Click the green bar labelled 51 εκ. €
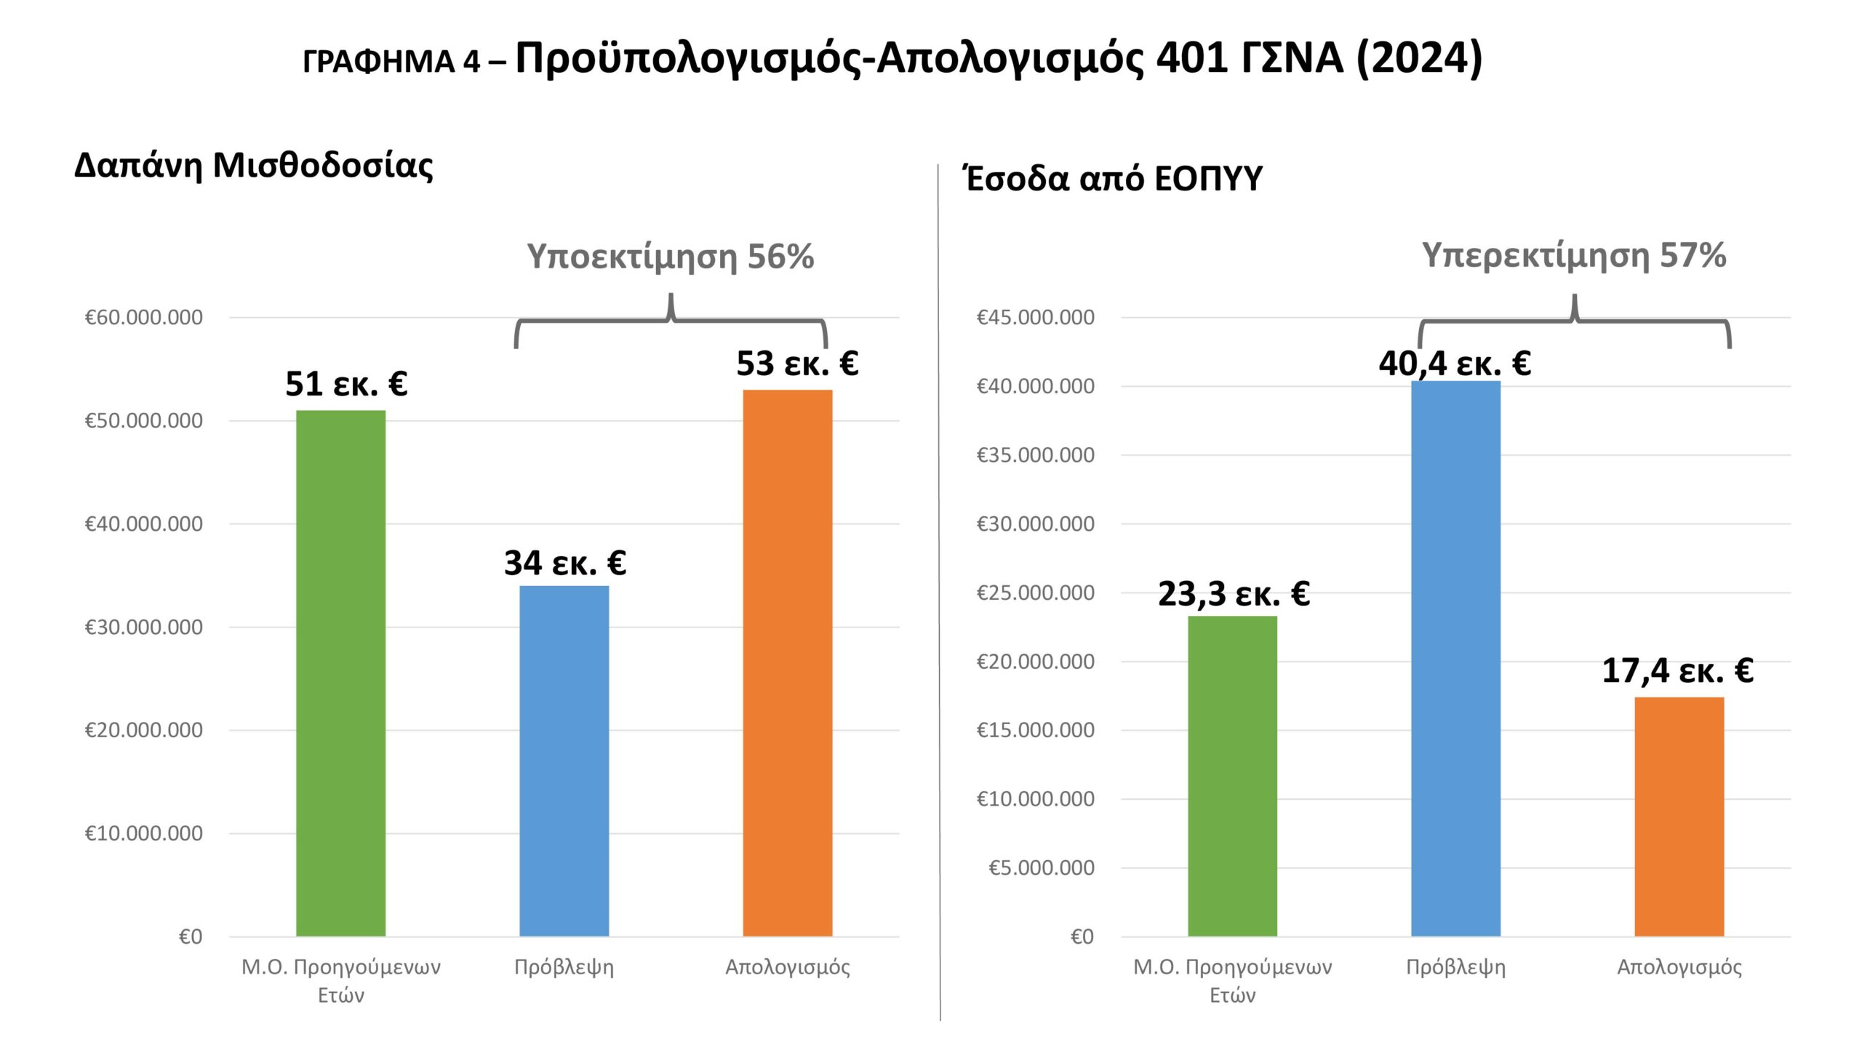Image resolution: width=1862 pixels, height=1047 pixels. tap(340, 673)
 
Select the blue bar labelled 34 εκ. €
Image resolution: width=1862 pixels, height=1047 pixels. tap(564, 761)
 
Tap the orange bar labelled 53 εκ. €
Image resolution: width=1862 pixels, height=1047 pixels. tap(787, 662)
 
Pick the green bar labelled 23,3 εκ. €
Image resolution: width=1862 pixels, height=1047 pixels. tap(1232, 776)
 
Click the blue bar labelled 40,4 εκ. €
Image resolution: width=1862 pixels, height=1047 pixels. tap(1455, 658)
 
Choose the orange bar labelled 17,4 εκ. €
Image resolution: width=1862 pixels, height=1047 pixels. tap(1679, 817)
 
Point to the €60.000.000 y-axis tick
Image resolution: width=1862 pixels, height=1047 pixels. tap(144, 318)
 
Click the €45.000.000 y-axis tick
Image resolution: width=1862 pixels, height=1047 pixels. tap(1035, 318)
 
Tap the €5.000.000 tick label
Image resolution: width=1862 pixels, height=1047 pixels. tap(1041, 868)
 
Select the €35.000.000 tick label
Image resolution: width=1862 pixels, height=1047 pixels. tap(1035, 455)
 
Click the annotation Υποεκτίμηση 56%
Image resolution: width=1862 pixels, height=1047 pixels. tap(670, 257)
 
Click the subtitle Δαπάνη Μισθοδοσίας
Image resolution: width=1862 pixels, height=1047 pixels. tap(254, 166)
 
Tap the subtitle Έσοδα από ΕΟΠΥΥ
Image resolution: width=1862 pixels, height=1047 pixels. tap(1113, 179)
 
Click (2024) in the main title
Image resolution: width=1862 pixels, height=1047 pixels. tap(1419, 58)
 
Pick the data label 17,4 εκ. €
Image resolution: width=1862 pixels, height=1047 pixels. tap(1677, 670)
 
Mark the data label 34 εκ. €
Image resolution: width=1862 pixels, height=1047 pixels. tap(564, 563)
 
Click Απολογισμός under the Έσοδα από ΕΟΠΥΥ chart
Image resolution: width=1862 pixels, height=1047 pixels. tap(1679, 967)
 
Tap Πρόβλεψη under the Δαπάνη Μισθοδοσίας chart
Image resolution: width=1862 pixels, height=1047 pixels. tap(564, 967)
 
